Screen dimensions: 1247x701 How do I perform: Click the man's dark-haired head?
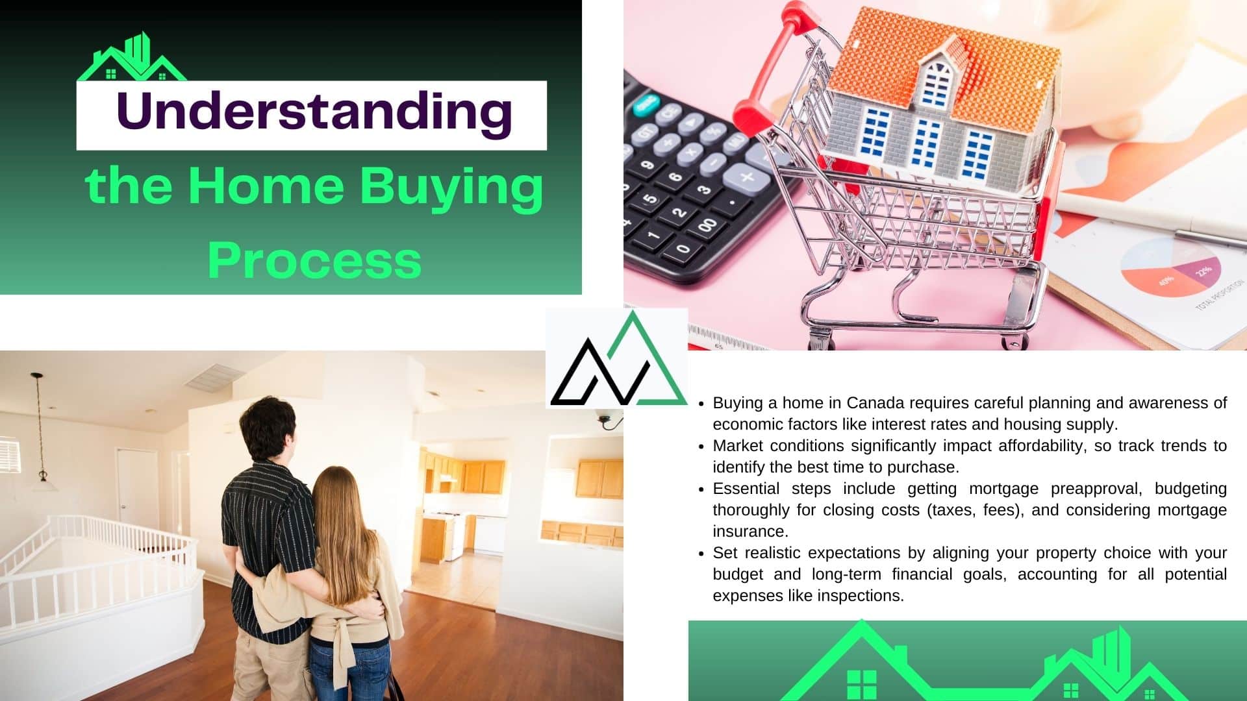point(268,428)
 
